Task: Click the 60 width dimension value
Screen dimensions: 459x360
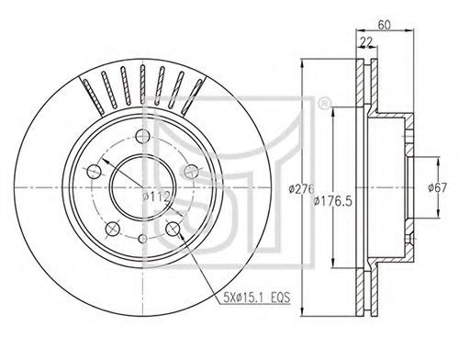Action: click(x=384, y=25)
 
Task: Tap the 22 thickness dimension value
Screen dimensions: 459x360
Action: click(x=366, y=42)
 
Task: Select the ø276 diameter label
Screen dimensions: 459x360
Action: click(x=301, y=189)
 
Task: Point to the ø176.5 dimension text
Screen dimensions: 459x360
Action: click(x=333, y=201)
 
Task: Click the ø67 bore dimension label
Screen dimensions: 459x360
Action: click(x=437, y=187)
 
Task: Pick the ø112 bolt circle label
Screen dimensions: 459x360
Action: click(x=156, y=197)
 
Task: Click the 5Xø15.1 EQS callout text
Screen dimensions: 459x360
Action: click(x=256, y=298)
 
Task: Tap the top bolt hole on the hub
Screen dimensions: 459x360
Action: click(x=142, y=136)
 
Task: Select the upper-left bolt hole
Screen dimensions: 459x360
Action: click(x=94, y=172)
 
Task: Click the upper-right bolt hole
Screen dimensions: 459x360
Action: click(x=192, y=172)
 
